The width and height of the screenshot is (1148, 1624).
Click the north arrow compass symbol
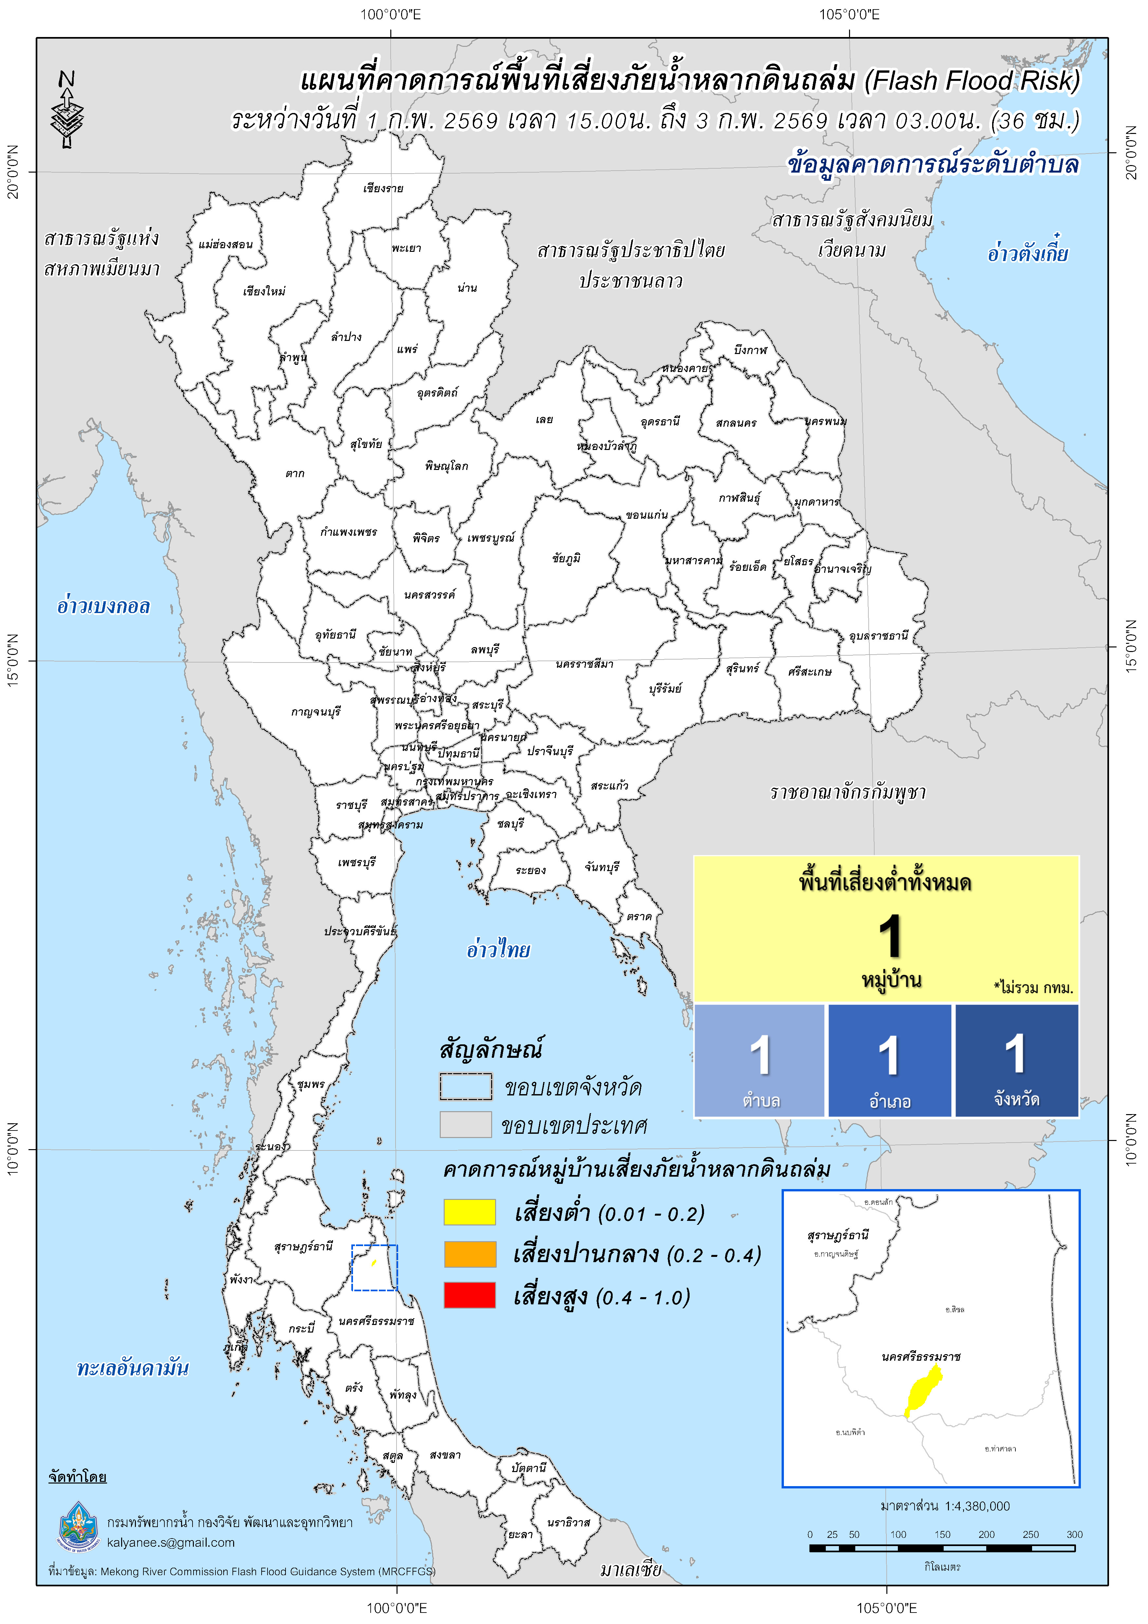coord(67,110)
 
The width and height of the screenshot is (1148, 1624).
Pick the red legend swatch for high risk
coord(470,1295)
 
